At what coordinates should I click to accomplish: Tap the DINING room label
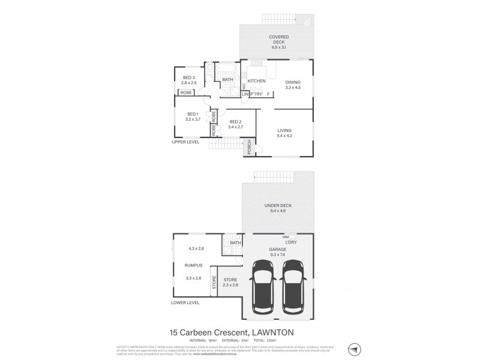pos(292,82)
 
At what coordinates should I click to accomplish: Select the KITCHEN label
pos(257,80)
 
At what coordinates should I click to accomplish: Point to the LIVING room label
pos(284,130)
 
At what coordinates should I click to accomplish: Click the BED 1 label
pos(193,114)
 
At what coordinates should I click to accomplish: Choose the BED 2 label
pos(235,121)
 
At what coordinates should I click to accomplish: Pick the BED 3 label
pos(188,77)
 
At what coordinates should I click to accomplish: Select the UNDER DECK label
pos(277,205)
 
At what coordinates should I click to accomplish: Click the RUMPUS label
pos(193,265)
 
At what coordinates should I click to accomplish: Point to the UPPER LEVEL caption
pos(185,142)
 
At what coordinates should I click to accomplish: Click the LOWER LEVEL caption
pos(185,304)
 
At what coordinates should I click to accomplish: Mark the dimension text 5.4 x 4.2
pos(284,136)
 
